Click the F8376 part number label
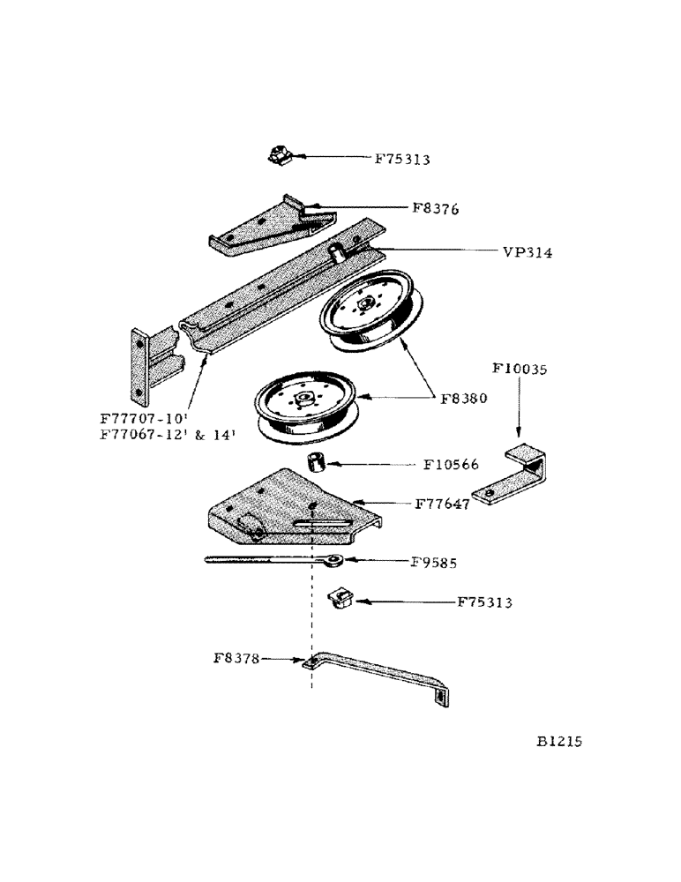pyautogui.click(x=435, y=209)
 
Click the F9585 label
pyautogui.click(x=436, y=560)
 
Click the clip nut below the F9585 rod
pyautogui.click(x=338, y=600)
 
